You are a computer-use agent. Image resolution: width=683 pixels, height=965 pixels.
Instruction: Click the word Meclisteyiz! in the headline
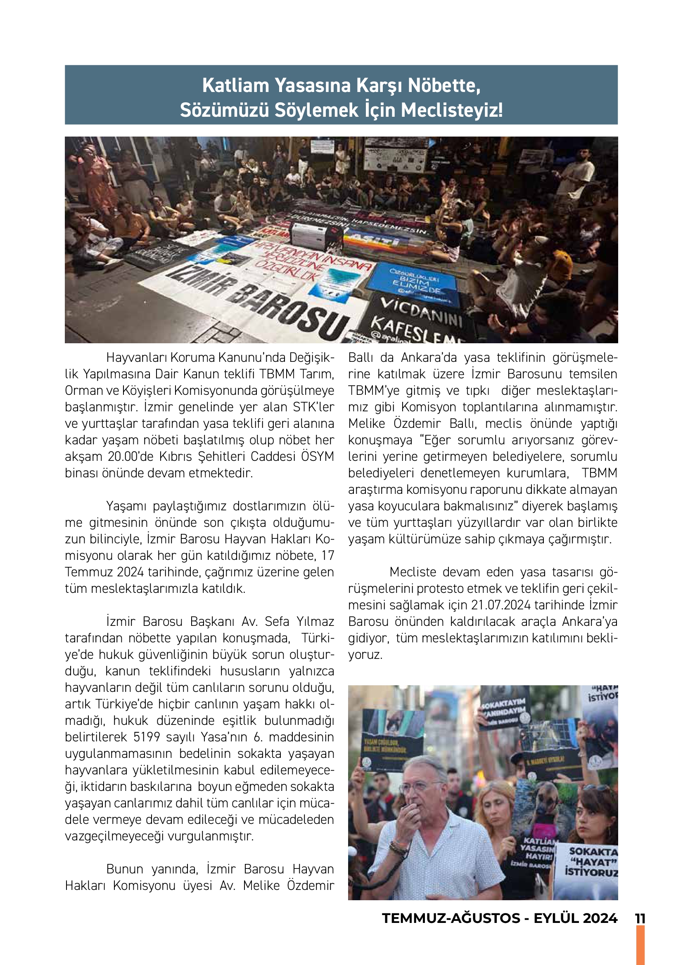coord(452,110)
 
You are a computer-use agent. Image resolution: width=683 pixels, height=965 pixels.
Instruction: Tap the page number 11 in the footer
coord(640,918)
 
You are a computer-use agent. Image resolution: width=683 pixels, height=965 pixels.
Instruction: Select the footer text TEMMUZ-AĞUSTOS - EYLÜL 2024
coord(500,918)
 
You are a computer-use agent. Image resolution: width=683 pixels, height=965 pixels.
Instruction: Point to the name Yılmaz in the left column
coord(315,621)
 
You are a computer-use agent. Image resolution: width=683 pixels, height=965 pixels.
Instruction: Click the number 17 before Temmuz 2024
coord(327,556)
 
